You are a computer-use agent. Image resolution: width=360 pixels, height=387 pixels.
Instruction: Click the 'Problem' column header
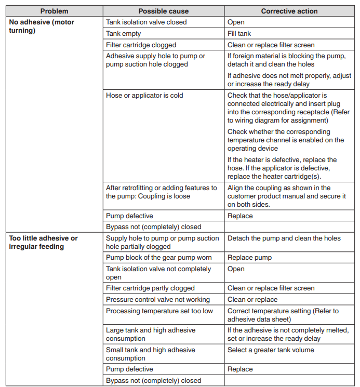[54, 11]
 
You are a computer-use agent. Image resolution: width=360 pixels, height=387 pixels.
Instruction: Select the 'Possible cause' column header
[163, 11]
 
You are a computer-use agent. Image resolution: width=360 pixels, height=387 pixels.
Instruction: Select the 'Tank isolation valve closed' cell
[146, 22]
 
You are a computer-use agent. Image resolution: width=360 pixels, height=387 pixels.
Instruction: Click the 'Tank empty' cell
[123, 34]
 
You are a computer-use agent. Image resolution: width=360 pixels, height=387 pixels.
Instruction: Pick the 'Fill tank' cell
[239, 34]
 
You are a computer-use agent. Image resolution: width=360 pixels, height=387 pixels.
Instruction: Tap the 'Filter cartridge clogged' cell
[141, 45]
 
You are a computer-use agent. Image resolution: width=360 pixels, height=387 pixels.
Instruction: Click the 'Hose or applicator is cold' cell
[144, 96]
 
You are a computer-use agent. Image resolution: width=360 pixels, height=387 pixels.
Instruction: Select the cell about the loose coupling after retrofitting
[161, 192]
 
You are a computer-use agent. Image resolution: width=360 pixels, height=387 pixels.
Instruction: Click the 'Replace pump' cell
[249, 258]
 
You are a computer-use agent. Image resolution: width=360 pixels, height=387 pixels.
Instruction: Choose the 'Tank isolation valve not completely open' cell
[158, 273]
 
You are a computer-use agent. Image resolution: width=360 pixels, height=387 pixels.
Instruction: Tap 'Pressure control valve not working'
[157, 300]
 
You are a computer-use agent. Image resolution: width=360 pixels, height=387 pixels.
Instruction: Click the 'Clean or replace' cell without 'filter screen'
[252, 300]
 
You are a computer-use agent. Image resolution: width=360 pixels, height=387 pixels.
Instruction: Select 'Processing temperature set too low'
[159, 311]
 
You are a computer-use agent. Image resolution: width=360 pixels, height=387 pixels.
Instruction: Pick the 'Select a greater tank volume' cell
[271, 350]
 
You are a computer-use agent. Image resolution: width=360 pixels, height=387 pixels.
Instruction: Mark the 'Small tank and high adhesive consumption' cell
[151, 354]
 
